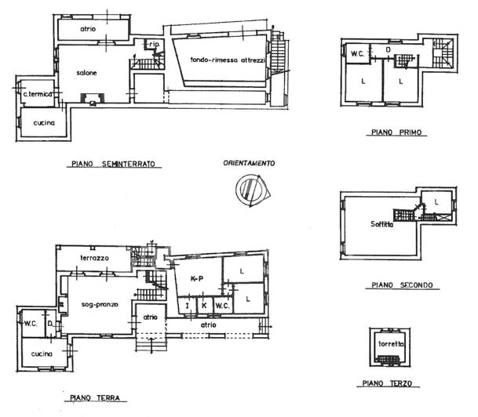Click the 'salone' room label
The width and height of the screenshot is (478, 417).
point(86,74)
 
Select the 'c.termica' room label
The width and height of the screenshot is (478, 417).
point(37,94)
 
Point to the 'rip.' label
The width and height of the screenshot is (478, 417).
point(155,45)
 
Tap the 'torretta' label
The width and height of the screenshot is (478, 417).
point(390,344)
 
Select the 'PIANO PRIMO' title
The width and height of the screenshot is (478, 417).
point(397,133)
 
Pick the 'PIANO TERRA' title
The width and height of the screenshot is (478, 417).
point(93,398)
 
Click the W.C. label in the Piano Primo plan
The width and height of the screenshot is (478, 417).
point(356,54)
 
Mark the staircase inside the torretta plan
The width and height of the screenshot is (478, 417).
point(389,360)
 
